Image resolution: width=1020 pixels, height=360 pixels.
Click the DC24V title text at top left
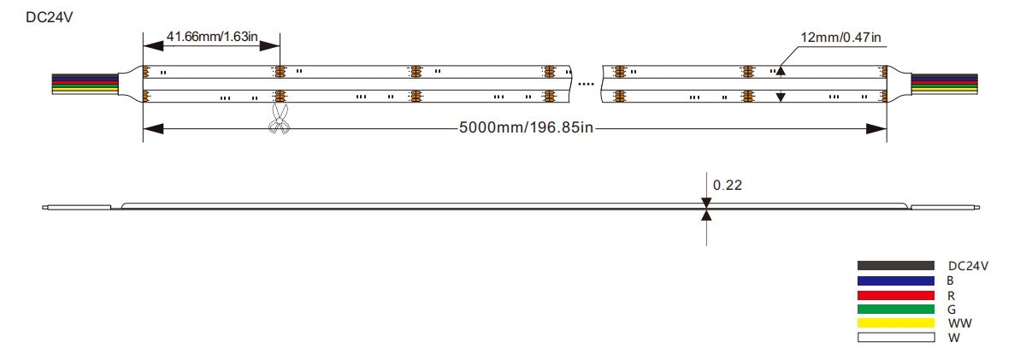pos(49,18)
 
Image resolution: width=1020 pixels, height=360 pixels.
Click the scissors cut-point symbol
pos(280,119)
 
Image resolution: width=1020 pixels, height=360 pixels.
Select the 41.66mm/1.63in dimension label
pos(213,37)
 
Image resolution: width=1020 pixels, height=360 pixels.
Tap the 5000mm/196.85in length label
pos(527,127)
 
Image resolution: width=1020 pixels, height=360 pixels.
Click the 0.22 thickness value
pos(728,186)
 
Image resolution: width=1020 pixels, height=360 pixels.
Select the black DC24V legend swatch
pos(896,266)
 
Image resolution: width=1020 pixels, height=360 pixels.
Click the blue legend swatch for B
pos(896,280)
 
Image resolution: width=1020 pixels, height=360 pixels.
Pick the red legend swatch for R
pos(896,295)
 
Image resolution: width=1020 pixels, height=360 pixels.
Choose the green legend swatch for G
pos(896,309)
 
